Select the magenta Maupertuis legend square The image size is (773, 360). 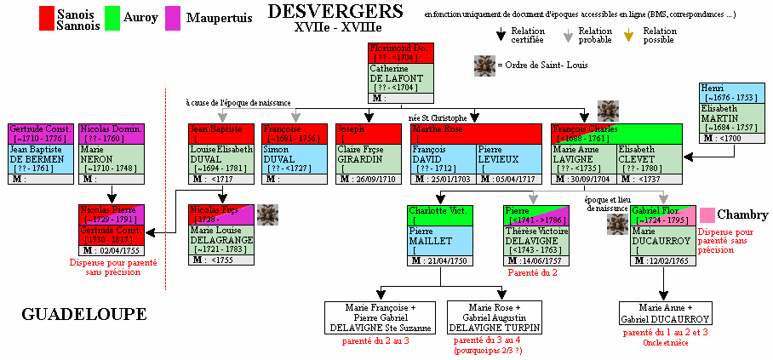tap(172, 17)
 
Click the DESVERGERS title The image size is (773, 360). tap(335, 12)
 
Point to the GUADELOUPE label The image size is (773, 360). tap(83, 315)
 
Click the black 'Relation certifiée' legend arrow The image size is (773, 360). tap(500, 34)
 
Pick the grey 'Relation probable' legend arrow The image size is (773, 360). tap(567, 34)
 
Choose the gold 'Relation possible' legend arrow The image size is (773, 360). tap(629, 34)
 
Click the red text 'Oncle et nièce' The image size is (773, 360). tap(664, 341)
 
